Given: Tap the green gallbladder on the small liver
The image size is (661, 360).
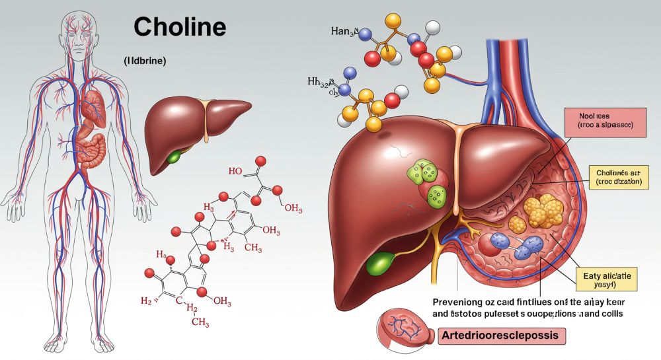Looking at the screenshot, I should tap(174, 157).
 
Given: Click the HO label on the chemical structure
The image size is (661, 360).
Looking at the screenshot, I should tap(236, 171).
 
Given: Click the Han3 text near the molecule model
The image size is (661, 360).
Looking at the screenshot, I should tap(344, 31).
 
